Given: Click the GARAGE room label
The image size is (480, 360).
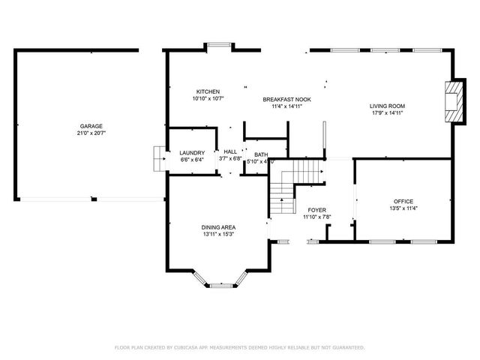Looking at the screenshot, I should (91, 126).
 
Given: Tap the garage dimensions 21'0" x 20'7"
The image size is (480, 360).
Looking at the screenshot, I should (91, 133).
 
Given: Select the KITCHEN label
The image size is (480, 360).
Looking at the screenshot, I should (208, 91).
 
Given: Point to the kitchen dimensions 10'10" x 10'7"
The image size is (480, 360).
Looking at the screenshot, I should (208, 98).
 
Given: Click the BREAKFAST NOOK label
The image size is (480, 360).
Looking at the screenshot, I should (286, 99).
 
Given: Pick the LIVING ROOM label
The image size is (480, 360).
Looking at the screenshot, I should (387, 106).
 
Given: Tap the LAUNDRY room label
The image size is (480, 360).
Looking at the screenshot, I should (192, 152).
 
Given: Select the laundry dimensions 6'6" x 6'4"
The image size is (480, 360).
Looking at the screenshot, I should (192, 159).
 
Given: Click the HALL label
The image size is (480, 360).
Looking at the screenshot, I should (229, 152).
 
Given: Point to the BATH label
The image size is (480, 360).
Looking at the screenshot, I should (260, 154).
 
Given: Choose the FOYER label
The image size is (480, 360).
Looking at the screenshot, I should (316, 210).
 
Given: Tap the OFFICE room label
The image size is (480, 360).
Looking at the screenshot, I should (403, 201).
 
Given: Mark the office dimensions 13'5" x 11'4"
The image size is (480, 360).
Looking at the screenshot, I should (403, 208).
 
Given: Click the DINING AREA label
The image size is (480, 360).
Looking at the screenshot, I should (218, 227).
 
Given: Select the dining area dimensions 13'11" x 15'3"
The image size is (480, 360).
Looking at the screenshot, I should (218, 234).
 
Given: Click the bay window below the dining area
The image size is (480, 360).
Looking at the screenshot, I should (220, 283).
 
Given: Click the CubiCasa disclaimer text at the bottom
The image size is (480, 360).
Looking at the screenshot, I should (239, 347).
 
